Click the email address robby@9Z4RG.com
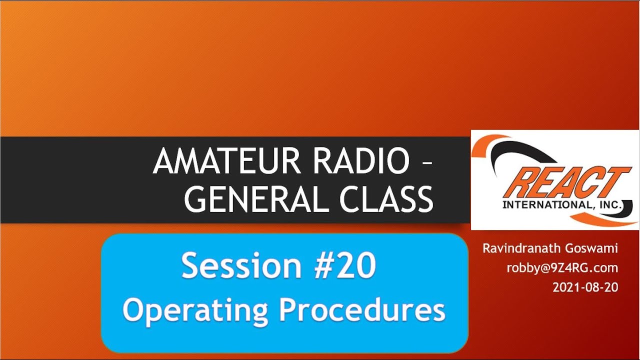562,268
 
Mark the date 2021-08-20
585,287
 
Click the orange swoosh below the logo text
600,218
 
